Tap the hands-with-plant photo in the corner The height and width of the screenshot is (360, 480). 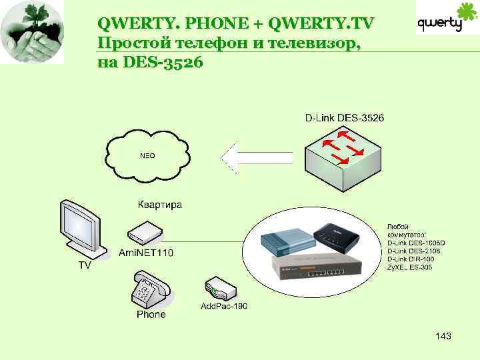point(32,32)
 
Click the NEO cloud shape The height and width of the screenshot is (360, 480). point(147,155)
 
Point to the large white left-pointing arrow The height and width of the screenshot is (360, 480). point(256,158)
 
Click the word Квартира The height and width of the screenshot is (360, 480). point(159,205)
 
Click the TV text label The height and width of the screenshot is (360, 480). point(85,265)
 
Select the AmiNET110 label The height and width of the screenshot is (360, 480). point(146,252)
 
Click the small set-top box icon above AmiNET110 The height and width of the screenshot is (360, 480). point(145,232)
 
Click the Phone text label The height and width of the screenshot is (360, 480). point(151,314)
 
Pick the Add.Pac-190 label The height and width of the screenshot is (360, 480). point(224,306)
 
